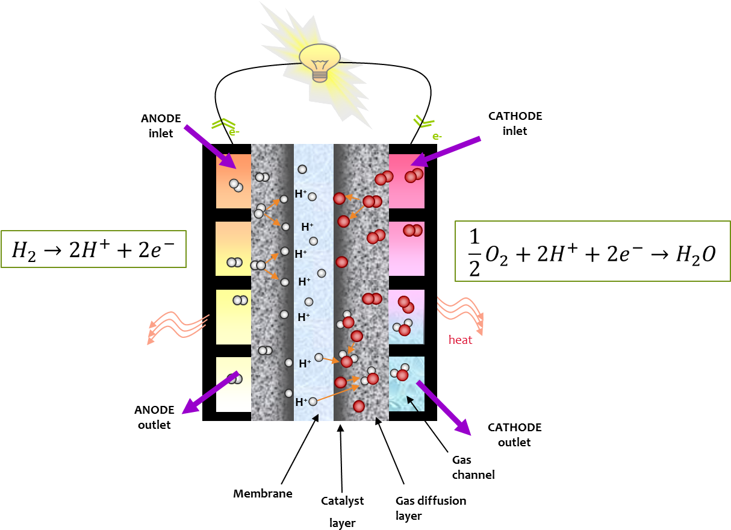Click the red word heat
pos(460,340)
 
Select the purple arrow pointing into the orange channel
pos(209,146)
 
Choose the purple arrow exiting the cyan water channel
pos(443,408)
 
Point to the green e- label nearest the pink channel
pos(437,137)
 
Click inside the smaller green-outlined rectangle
pos(93,249)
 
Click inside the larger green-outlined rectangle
pos(593,251)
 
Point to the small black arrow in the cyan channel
pos(412,404)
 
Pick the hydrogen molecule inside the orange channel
pos(235,185)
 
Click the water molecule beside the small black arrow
pos(400,373)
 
